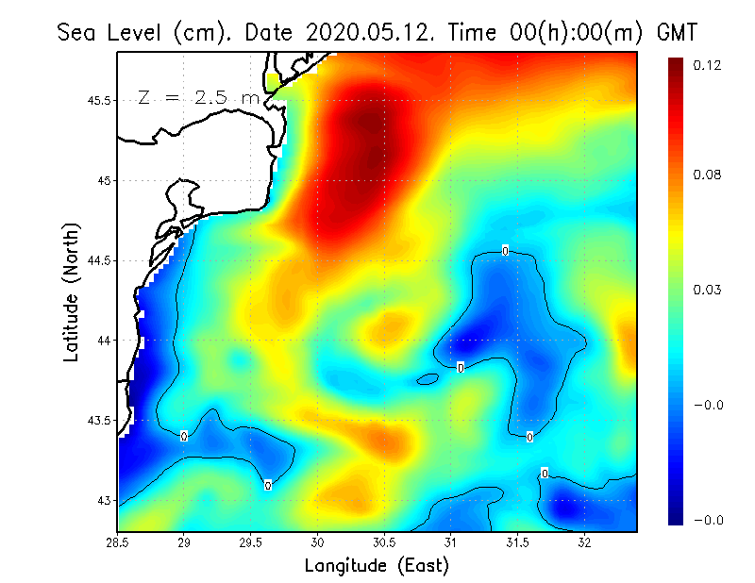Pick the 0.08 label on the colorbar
pos(709,175)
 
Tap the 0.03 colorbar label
pos(709,290)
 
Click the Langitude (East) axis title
pos(377,566)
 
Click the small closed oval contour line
pos(428,379)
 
